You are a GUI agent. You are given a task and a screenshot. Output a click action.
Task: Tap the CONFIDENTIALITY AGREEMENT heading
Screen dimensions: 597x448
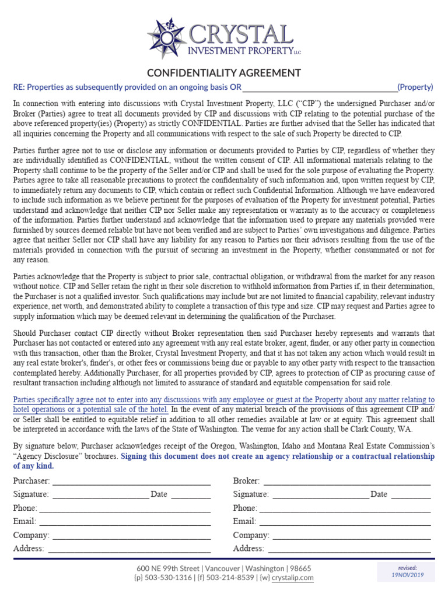coord(224,73)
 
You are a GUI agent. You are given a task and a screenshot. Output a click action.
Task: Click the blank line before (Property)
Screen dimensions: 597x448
coord(319,88)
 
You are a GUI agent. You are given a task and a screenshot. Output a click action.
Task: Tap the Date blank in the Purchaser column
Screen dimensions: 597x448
coord(191,494)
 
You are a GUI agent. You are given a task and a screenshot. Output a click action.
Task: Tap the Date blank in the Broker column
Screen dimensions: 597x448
coord(411,494)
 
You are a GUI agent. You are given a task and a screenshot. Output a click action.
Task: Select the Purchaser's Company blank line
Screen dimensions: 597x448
coord(131,535)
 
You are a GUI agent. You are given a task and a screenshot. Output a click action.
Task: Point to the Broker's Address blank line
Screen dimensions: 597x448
coord(349,549)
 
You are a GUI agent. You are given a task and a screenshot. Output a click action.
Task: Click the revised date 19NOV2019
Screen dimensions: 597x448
coord(407,575)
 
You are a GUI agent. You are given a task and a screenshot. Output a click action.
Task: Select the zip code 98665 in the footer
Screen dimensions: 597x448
coord(300,568)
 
